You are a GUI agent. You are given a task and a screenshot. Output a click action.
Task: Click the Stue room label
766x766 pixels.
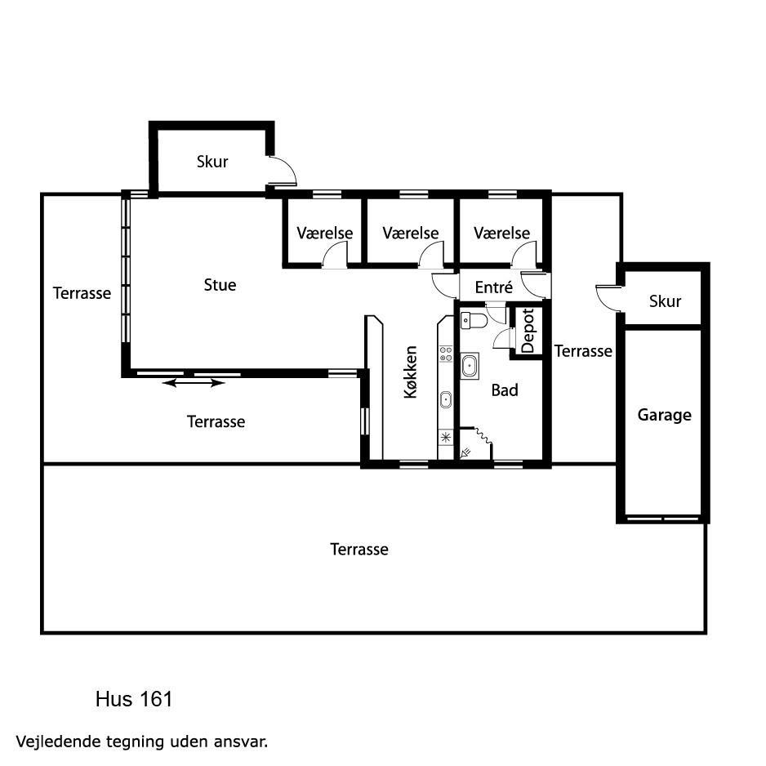220,285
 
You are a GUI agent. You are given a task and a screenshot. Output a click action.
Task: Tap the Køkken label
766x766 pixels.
411,372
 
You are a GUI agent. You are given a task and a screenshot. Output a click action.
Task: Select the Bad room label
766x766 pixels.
505,390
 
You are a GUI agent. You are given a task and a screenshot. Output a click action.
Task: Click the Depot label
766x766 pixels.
528,331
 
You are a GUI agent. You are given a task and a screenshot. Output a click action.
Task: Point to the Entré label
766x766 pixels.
494,287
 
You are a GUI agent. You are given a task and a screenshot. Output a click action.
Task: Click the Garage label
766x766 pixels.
665,415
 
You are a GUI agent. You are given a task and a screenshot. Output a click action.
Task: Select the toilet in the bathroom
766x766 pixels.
474,321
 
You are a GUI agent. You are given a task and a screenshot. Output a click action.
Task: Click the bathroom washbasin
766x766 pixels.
470,365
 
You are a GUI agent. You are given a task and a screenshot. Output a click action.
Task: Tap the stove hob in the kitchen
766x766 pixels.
446,354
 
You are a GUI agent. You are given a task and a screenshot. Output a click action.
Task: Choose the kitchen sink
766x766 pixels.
446,399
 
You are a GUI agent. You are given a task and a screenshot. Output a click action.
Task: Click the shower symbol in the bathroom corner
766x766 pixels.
466,452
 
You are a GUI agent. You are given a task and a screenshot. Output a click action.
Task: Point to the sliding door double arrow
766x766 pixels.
194,383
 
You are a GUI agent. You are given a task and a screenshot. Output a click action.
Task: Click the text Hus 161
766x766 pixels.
134,700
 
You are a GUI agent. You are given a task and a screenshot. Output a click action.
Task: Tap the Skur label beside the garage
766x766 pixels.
665,301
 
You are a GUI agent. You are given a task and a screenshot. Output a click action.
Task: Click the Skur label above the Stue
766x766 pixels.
212,162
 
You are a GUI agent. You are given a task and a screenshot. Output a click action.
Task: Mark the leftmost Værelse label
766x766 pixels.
325,233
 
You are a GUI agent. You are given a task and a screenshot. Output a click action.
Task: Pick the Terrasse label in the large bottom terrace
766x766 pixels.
359,549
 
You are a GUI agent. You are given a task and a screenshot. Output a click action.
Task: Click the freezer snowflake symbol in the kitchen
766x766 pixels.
446,437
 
